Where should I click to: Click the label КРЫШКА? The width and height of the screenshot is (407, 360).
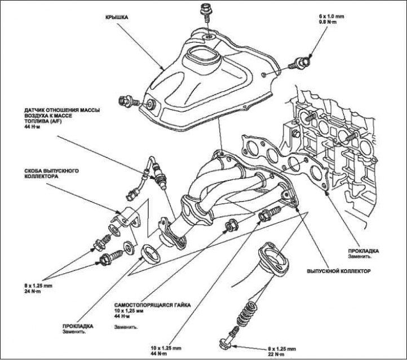pos(118,17)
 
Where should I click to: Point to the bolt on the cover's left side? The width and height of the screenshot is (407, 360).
pos(127,102)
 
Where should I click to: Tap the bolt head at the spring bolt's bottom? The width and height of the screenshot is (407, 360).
pos(225,343)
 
